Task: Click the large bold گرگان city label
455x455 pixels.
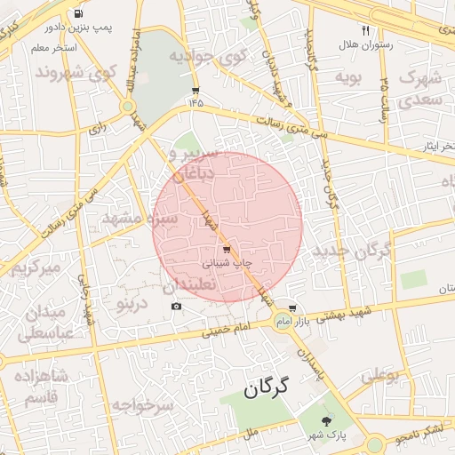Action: point(267,387)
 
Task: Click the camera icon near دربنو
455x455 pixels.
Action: point(176,307)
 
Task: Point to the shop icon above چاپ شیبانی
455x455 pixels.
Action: point(227,250)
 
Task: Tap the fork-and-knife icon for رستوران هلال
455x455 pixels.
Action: point(365,30)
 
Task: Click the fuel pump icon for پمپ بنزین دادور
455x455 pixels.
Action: point(79,14)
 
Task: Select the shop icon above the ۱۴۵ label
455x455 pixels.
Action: point(196,91)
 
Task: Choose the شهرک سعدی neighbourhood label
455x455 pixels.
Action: point(420,90)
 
